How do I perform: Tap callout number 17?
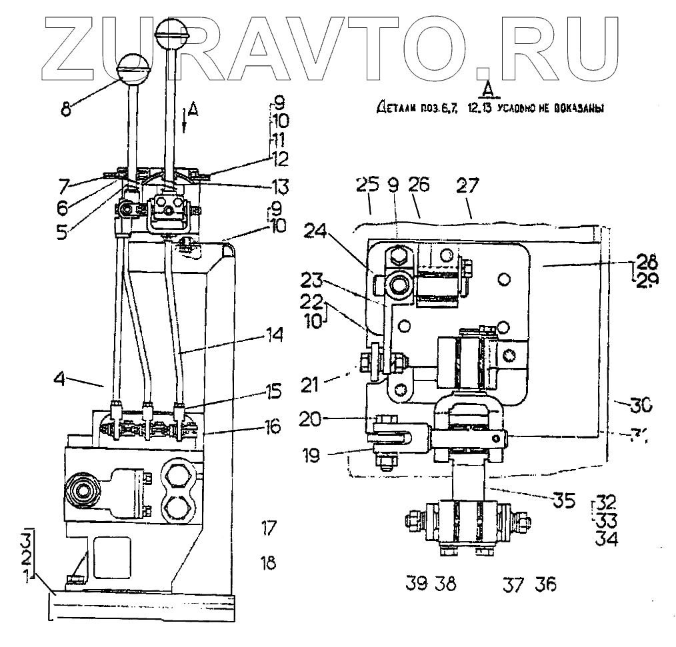(269, 530)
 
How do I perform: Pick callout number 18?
(269, 563)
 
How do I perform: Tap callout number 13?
(274, 185)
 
